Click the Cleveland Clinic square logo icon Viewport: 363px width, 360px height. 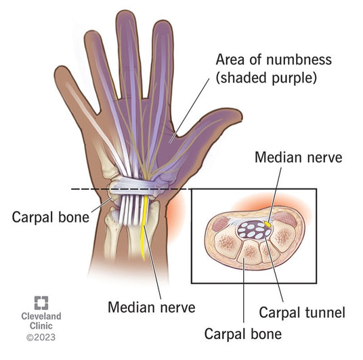41,303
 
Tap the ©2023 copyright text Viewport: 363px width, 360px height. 41,337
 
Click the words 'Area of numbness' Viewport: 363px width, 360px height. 274,60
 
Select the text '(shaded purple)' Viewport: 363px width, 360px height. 266,78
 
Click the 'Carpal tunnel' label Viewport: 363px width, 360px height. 302,313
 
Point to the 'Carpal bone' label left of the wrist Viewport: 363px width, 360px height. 51,217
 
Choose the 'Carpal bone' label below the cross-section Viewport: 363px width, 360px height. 243,334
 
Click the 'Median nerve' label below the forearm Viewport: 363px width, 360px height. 152,307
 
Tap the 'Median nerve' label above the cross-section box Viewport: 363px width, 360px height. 299,157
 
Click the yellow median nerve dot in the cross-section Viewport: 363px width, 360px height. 268,224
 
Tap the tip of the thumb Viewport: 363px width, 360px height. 241,114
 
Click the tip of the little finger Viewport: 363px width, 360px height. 61,68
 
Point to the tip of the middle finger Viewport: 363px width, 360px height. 126,12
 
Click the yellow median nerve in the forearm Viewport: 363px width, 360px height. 144,228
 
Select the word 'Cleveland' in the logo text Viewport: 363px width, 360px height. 41,316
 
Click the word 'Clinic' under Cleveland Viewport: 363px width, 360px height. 41,325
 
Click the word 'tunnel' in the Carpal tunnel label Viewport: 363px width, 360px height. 325,313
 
